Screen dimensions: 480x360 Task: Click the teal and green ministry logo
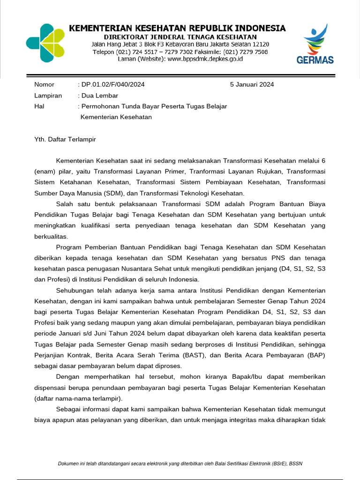tap(45, 43)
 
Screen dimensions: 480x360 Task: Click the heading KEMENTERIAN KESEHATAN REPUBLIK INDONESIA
tap(177, 28)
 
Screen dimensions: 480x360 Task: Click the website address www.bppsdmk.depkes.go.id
tap(205, 59)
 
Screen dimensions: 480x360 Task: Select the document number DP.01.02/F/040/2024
tap(113, 85)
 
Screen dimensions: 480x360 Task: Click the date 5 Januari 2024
tap(252, 85)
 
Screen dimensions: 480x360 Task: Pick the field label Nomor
tap(44, 85)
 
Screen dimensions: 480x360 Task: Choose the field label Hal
tap(39, 106)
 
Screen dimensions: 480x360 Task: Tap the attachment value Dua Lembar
tap(98, 96)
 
